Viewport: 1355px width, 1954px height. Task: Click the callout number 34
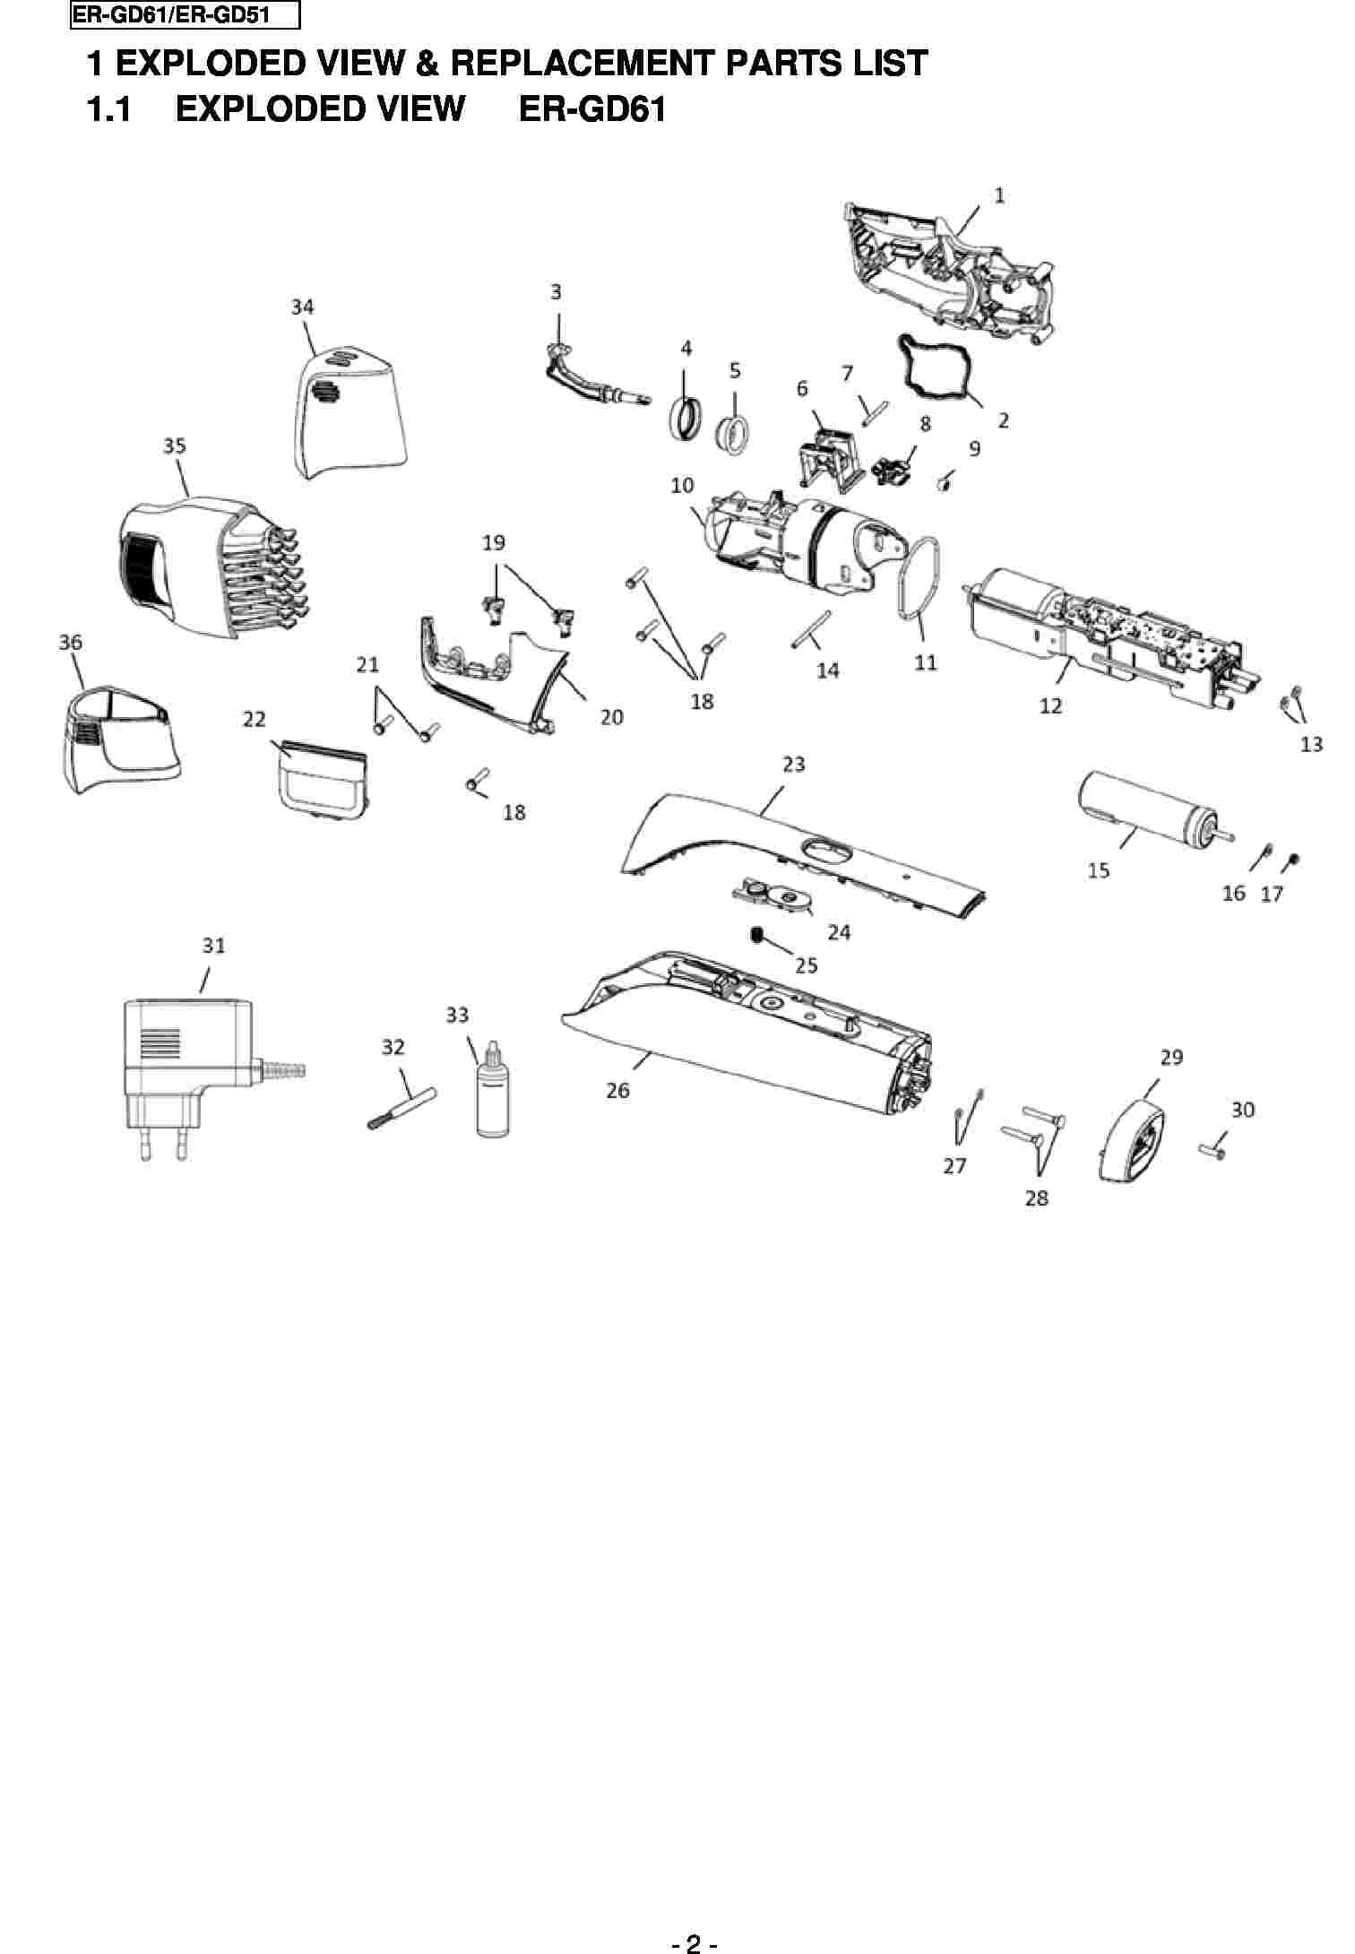302,307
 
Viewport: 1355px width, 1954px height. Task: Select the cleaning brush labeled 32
401,1109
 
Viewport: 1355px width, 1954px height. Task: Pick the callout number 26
618,1091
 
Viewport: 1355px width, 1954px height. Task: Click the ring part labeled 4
687,419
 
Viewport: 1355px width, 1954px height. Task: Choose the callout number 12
1050,705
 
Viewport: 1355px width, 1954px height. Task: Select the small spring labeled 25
758,935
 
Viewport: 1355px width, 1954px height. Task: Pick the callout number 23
794,765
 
